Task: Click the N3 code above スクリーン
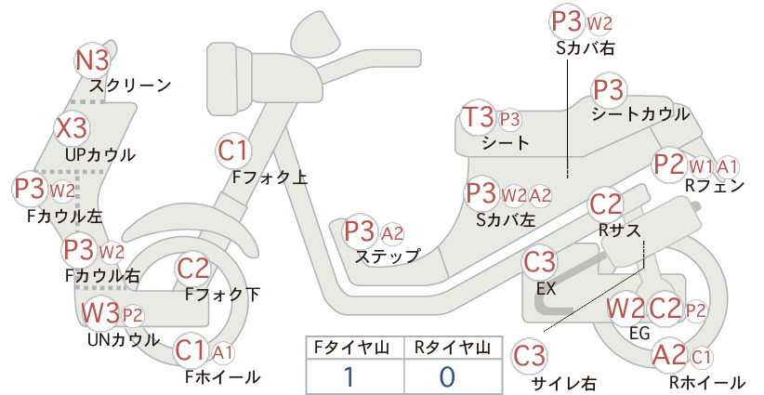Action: tap(93, 61)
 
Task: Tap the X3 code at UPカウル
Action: tap(72, 128)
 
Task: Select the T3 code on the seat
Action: tap(478, 118)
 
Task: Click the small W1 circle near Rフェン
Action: tap(701, 167)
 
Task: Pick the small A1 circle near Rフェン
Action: tap(727, 167)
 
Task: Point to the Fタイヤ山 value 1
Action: tap(349, 377)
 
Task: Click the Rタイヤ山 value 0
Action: tap(447, 377)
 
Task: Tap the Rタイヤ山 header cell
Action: tap(454, 348)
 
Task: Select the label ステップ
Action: tap(388, 256)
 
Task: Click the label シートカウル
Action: tap(640, 114)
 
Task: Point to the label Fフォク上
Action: tap(270, 177)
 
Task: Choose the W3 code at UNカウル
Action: tap(99, 312)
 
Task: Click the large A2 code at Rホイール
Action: tap(669, 355)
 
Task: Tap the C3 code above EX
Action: tap(539, 262)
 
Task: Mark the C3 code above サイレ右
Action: tap(529, 356)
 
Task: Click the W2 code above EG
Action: tap(625, 309)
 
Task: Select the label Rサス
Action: tap(619, 230)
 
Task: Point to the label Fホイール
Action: tap(223, 376)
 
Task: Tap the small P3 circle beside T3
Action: tap(509, 119)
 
